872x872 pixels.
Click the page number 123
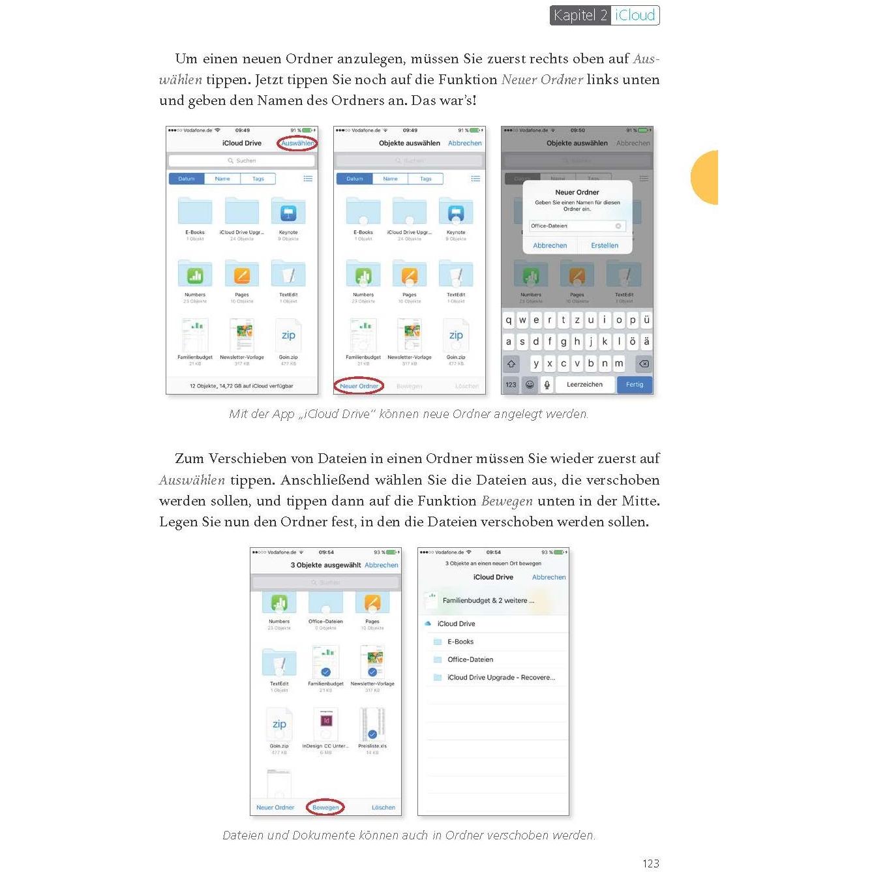pyautogui.click(x=650, y=863)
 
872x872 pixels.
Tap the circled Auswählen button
pyautogui.click(x=297, y=143)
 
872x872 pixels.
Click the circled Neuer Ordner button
pyautogui.click(x=359, y=386)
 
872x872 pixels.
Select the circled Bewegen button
pyautogui.click(x=325, y=807)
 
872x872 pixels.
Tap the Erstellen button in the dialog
pyautogui.click(x=604, y=246)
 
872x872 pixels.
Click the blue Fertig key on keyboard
pyautogui.click(x=634, y=385)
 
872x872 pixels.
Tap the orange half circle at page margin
pyautogui.click(x=706, y=177)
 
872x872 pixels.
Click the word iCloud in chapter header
pyautogui.click(x=635, y=15)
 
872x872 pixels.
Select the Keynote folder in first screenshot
pyautogui.click(x=288, y=213)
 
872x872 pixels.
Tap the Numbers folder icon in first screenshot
pyautogui.click(x=195, y=275)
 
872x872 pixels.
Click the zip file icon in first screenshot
pyautogui.click(x=288, y=335)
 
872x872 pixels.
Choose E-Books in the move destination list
pyautogui.click(x=460, y=642)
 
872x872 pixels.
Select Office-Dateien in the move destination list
pyautogui.click(x=470, y=659)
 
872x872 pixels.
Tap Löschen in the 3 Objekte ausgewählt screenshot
pyautogui.click(x=383, y=807)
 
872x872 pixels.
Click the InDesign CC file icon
pyautogui.click(x=326, y=722)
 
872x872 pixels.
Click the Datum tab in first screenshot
pyautogui.click(x=187, y=179)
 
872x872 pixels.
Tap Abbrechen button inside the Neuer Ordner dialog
pyautogui.click(x=550, y=246)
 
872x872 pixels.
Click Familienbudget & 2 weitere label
pyautogui.click(x=488, y=601)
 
